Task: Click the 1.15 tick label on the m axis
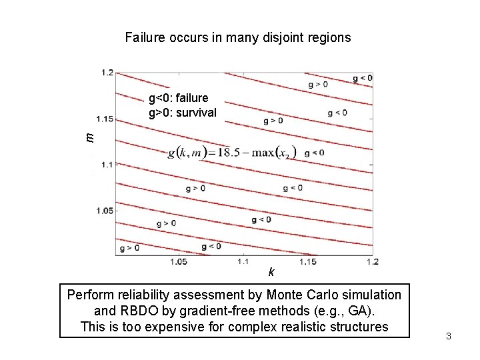click(x=105, y=119)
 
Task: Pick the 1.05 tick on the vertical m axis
click(x=105, y=211)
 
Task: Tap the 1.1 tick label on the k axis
click(x=243, y=262)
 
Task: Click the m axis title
click(x=91, y=137)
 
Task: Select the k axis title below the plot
click(x=271, y=272)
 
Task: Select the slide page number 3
click(x=449, y=336)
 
